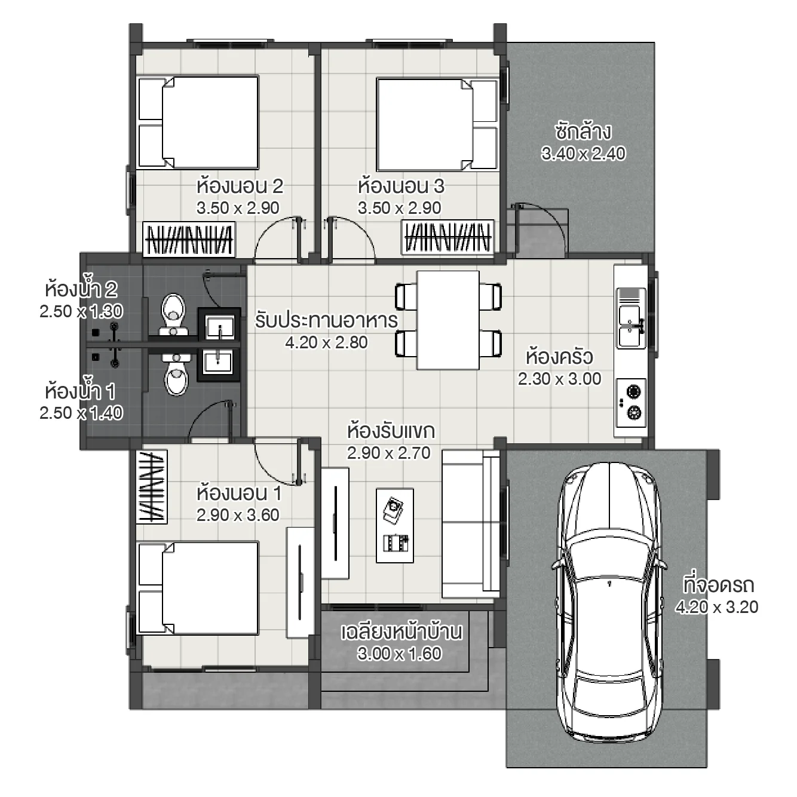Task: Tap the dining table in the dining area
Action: pos(447,320)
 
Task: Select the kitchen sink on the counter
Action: pos(630,326)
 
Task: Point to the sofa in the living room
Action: pos(470,524)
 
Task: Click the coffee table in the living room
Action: pos(394,525)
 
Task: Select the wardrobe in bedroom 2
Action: pos(189,240)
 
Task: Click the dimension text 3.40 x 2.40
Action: pos(583,154)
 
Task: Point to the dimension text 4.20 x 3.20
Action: pos(716,607)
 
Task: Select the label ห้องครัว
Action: pos(559,357)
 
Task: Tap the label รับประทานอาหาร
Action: pos(326,320)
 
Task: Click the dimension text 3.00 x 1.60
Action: pos(399,654)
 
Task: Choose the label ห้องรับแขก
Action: pos(391,431)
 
